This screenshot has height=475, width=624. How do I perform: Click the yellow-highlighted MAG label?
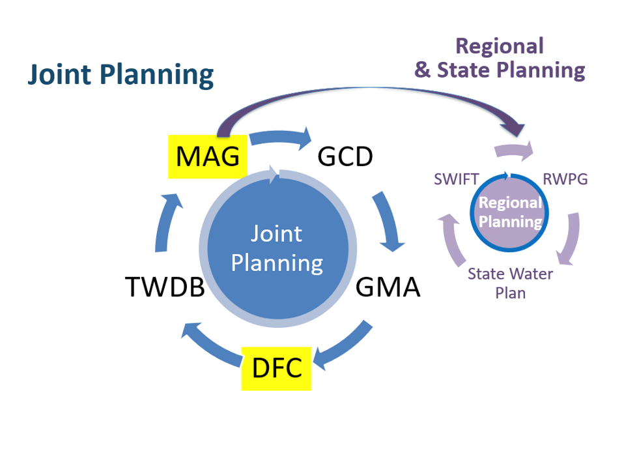pyautogui.click(x=208, y=156)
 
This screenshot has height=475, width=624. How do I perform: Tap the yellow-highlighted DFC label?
pyautogui.click(x=277, y=368)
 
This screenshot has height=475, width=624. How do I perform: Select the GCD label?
pyautogui.click(x=345, y=156)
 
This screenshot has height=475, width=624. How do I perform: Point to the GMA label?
pyautogui.click(x=388, y=287)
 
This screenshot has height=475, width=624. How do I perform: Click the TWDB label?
pyautogui.click(x=165, y=287)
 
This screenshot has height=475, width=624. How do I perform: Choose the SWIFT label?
pyautogui.click(x=456, y=180)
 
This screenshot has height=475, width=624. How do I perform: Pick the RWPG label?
pyautogui.click(x=565, y=180)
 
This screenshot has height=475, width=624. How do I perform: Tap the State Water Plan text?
pyautogui.click(x=510, y=283)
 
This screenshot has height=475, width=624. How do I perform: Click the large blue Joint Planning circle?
pyautogui.click(x=277, y=248)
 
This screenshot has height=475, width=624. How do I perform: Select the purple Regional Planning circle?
pyautogui.click(x=509, y=212)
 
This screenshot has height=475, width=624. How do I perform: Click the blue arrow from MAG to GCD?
pyautogui.click(x=281, y=137)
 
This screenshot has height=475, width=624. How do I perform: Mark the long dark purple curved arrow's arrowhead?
pyautogui.click(x=513, y=128)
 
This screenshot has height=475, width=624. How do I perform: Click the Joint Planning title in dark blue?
pyautogui.click(x=121, y=75)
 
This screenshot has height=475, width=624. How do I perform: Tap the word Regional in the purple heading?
pyautogui.click(x=500, y=46)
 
